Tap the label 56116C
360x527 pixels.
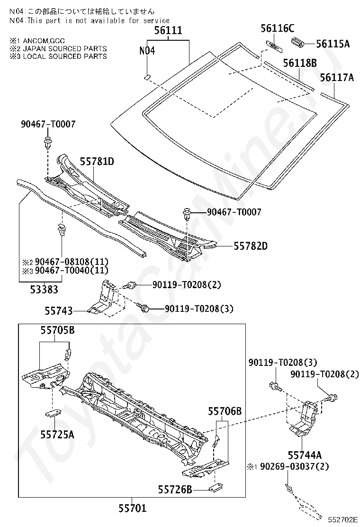(277, 28)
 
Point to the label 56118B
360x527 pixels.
(300, 63)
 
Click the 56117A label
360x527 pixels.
(337, 77)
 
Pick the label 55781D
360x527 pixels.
(97, 161)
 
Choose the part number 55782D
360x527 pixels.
(250, 246)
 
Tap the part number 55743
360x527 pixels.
(59, 311)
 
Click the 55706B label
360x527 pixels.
(225, 411)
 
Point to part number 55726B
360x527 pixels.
(175, 489)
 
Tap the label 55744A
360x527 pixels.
(305, 455)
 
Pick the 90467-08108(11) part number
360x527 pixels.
(69, 262)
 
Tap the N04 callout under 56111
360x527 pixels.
(147, 51)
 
